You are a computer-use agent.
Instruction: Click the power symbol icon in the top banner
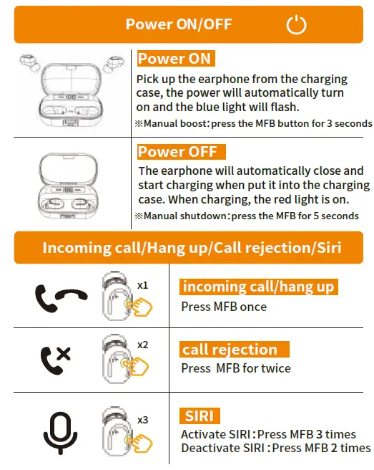(296, 25)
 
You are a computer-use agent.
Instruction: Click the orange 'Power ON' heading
(174, 59)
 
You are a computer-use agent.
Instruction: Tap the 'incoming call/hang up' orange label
(258, 287)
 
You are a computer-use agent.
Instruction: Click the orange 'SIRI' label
(200, 416)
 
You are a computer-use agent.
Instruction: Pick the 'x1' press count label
(142, 285)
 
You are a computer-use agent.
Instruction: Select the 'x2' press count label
(142, 345)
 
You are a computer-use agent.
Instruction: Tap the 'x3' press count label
(142, 420)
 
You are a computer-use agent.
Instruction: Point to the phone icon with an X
(55, 355)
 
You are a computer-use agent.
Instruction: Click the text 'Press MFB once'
(224, 307)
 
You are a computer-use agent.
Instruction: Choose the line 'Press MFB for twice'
(236, 368)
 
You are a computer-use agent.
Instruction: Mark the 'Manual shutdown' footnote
(247, 216)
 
